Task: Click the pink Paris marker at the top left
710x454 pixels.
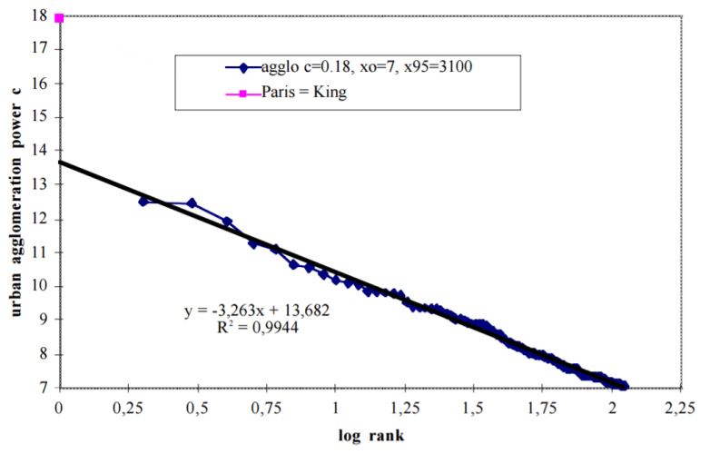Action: (59, 17)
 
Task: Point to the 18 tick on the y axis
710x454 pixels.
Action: (40, 15)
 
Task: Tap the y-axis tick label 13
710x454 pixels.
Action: (40, 184)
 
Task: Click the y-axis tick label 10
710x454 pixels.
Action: (40, 286)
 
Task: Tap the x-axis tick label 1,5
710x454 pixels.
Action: (475, 405)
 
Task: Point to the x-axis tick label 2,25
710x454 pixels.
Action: (683, 405)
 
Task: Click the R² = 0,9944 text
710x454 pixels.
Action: (257, 328)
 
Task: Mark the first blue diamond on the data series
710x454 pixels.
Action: (143, 201)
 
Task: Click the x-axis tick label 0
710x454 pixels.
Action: (59, 405)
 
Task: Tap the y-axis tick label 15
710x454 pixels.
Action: (40, 117)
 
